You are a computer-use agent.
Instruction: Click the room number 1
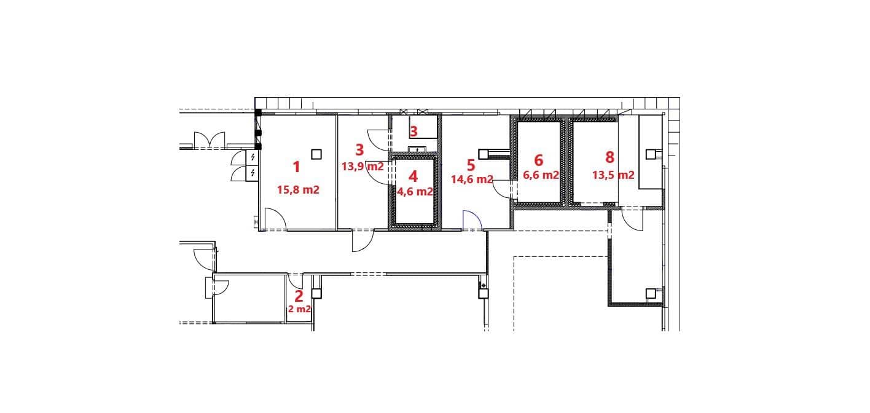(296, 167)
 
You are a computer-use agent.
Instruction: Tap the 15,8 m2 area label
(298, 190)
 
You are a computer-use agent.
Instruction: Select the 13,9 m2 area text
(362, 167)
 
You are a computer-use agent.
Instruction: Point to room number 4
(413, 176)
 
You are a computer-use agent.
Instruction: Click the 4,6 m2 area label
(415, 192)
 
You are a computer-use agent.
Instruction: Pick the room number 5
(471, 165)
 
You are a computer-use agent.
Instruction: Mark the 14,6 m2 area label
(472, 179)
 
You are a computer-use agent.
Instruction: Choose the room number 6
(539, 160)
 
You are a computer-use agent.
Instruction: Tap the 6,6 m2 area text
(541, 175)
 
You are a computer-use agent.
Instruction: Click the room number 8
(609, 157)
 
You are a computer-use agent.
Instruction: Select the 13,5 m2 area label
(613, 175)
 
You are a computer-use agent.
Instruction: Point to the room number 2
(299, 296)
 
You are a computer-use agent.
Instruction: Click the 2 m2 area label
(299, 309)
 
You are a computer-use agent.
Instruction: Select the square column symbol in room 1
(316, 154)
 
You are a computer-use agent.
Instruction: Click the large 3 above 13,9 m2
(359, 149)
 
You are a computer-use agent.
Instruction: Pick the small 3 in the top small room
(413, 132)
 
